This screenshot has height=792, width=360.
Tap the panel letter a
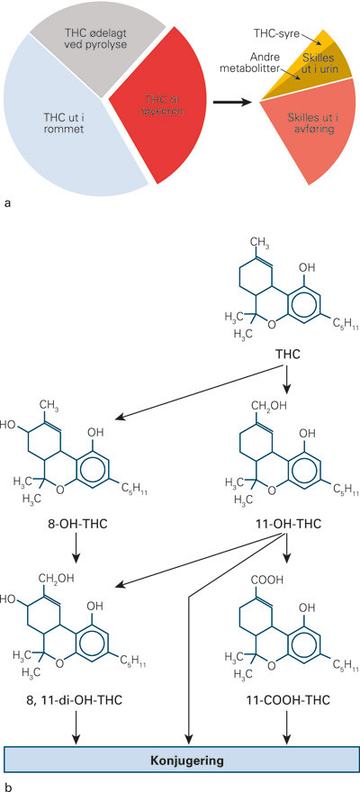click(x=8, y=204)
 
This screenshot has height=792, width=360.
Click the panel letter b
click(x=8, y=786)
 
